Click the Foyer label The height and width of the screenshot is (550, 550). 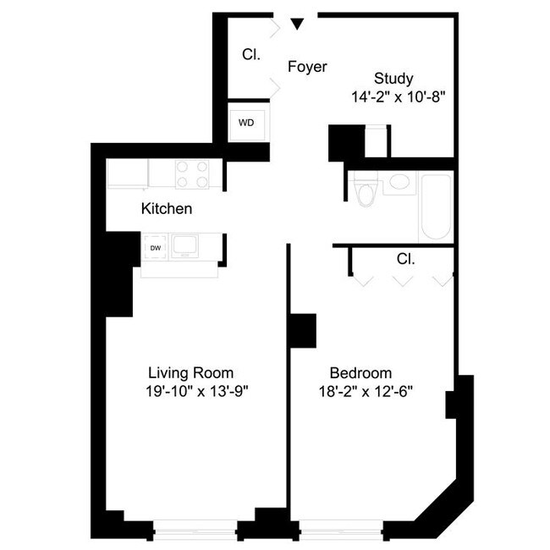point(307,67)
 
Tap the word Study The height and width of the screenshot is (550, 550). point(393,80)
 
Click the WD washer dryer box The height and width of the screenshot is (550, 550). point(246,123)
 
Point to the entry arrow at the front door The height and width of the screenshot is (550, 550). point(296,24)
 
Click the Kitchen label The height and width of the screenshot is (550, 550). point(167,208)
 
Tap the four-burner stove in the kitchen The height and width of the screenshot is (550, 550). point(192,173)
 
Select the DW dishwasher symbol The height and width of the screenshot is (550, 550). point(156,248)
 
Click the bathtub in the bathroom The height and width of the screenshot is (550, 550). point(436,206)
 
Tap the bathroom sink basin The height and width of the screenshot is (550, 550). point(398,183)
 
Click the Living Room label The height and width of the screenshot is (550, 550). point(190,372)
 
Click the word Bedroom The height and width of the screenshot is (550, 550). point(360,372)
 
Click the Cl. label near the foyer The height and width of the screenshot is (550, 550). point(250,54)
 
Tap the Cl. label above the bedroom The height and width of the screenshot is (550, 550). point(405,259)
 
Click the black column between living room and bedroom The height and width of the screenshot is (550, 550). point(301,330)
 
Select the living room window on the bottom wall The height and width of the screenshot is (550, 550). point(195,531)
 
